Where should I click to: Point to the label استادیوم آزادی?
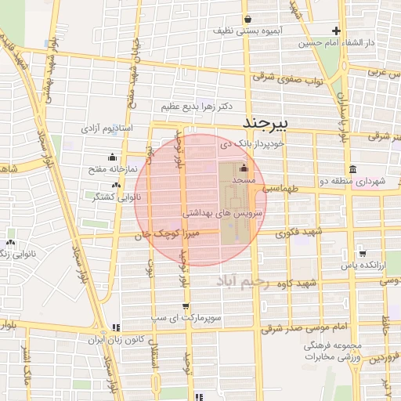(x=108, y=127)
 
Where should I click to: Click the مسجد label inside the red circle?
(x=244, y=181)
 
